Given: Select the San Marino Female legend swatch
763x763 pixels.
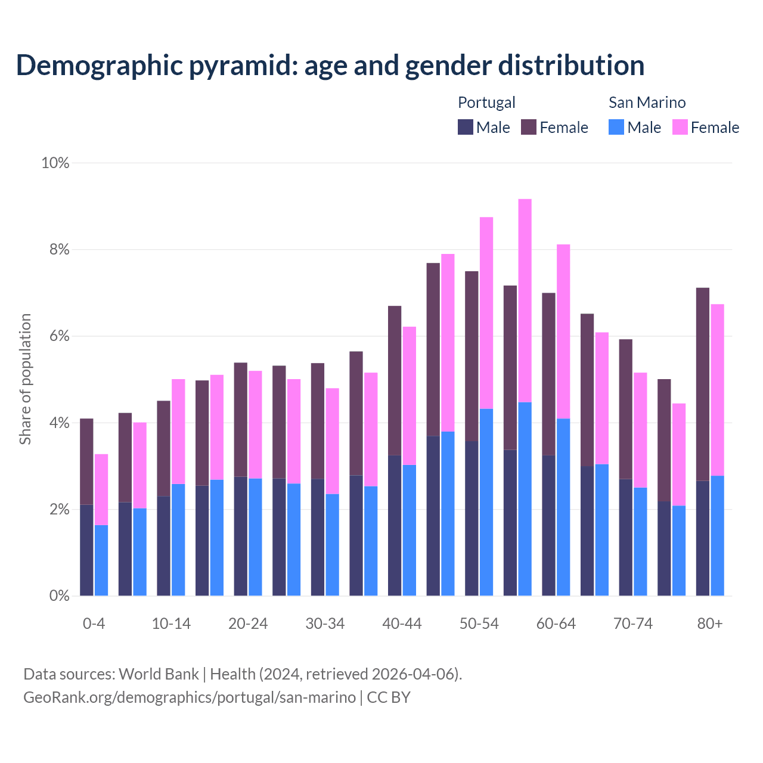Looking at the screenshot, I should point(680,127).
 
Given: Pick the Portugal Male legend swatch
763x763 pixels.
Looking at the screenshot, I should point(466,127).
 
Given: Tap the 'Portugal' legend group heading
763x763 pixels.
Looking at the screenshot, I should point(486,103).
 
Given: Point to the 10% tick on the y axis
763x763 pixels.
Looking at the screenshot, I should point(55,163).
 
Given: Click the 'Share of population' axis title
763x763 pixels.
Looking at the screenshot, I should point(25,379).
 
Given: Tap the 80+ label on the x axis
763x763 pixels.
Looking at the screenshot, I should point(709,624).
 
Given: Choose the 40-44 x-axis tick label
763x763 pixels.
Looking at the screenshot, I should point(402,624).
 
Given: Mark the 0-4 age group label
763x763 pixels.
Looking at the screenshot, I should point(94,624).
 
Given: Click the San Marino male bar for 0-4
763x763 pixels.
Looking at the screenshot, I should point(101,560).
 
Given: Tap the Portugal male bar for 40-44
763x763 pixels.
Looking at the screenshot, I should point(395,525).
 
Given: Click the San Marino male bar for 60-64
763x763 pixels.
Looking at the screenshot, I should point(563,507).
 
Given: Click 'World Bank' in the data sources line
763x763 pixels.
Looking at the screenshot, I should point(159,674).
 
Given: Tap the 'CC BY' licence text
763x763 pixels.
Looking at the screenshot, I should point(389,697).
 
